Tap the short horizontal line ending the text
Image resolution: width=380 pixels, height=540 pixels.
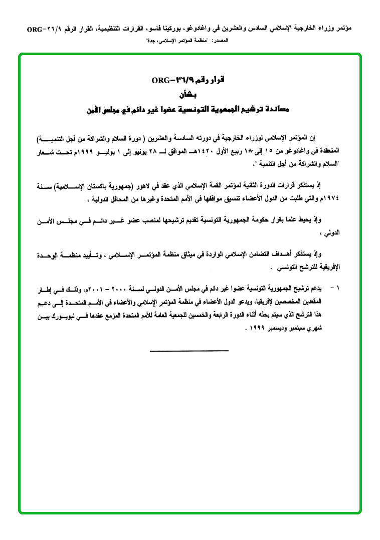pos(189,350)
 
